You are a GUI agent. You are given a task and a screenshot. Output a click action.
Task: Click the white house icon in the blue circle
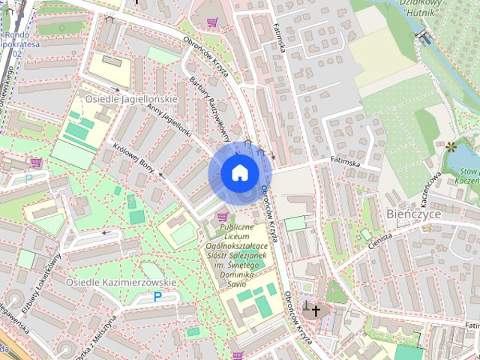click(x=239, y=173)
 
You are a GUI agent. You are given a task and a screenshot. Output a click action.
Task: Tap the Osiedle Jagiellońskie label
click(x=130, y=99)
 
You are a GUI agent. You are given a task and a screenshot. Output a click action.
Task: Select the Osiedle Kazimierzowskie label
click(x=121, y=282)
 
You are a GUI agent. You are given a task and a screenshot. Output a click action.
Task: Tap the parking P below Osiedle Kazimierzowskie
click(x=157, y=297)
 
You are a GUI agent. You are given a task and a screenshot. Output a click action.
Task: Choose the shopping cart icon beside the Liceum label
click(x=221, y=217)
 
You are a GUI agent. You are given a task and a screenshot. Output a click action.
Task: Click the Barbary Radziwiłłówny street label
click(x=209, y=107)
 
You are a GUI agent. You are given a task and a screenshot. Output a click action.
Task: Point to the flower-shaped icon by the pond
click(x=451, y=146)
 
